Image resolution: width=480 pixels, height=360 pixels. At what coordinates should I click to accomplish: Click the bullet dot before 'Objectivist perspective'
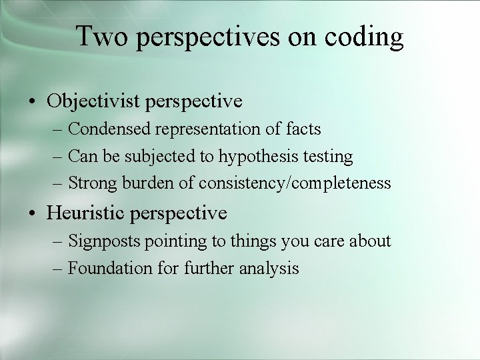click(32, 102)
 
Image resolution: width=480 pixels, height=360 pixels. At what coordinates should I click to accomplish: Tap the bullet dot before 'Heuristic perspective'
click(32, 214)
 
